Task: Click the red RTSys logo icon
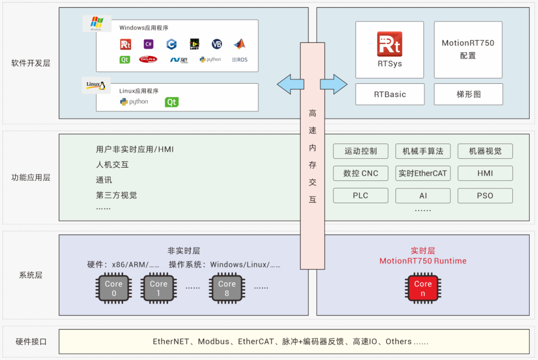389,44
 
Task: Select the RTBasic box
390,94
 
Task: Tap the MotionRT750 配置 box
467,49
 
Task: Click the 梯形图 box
468,94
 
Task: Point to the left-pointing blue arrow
290,84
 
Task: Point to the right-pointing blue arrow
334,84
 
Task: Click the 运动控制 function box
360,151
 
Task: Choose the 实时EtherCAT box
423,173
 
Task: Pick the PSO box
485,195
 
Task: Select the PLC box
360,195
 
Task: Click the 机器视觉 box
485,151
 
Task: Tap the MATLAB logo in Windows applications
239,44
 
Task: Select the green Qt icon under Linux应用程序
172,102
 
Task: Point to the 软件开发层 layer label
31,63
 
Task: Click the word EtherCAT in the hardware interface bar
256,341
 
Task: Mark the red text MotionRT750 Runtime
423,261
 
